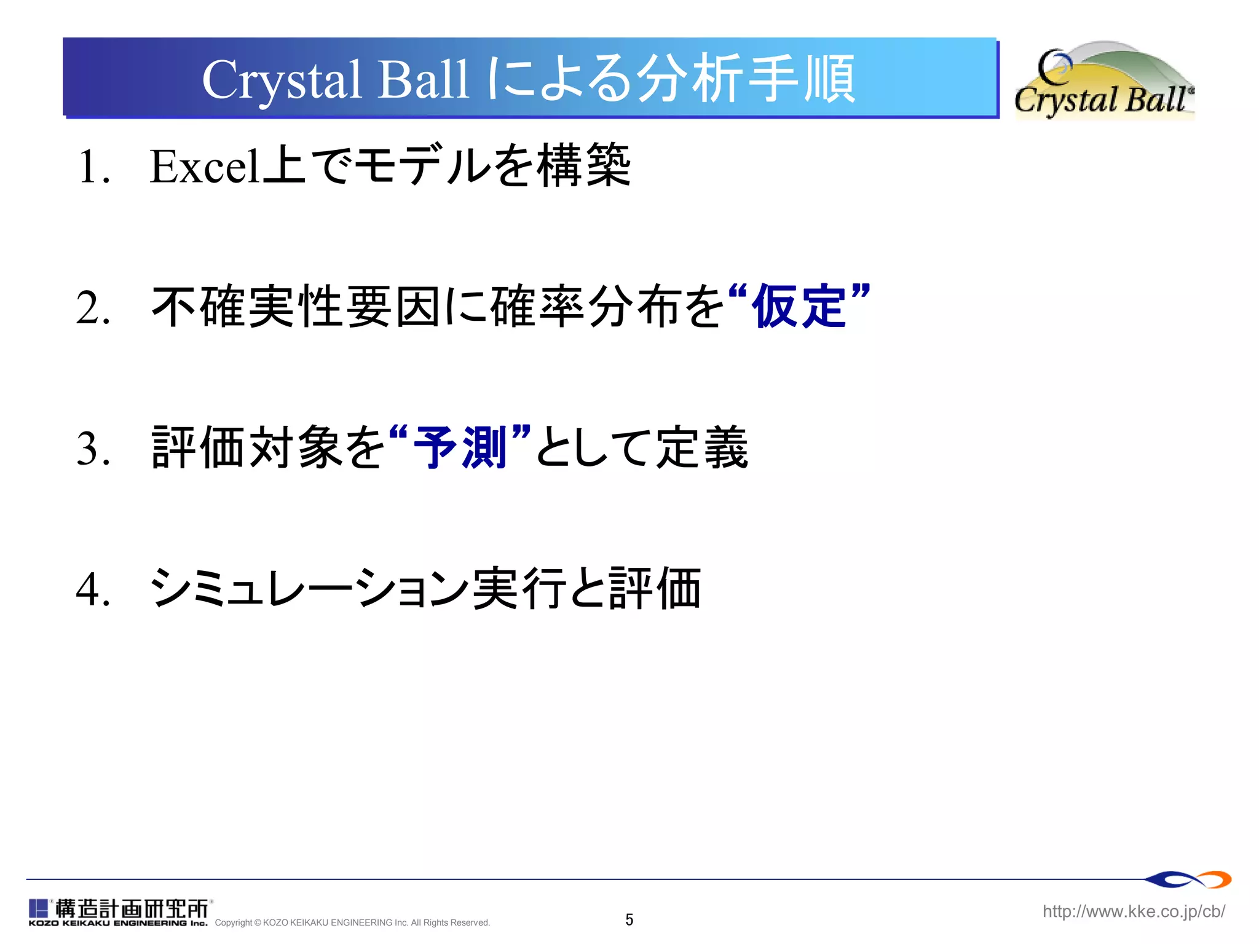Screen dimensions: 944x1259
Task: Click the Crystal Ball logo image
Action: click(x=1103, y=80)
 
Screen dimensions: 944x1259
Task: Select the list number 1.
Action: click(x=93, y=167)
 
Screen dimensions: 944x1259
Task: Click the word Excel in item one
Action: click(x=205, y=167)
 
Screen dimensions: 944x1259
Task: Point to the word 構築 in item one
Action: click(x=583, y=166)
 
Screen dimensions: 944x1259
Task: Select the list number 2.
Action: click(x=93, y=308)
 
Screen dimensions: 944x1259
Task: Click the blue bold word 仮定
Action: click(x=799, y=307)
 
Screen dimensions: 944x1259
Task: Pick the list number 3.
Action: click(x=93, y=449)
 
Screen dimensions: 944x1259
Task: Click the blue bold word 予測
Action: click(x=460, y=447)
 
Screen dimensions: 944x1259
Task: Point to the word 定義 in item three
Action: click(x=701, y=447)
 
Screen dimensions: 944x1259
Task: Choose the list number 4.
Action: click(x=93, y=589)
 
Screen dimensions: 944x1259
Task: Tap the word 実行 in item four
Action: click(x=519, y=588)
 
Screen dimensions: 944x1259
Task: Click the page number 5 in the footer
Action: click(x=629, y=919)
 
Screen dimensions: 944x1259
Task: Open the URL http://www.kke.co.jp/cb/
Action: click(x=1134, y=911)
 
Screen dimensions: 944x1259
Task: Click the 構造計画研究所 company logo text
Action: click(x=132, y=908)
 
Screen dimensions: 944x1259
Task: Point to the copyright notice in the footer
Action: click(x=352, y=922)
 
